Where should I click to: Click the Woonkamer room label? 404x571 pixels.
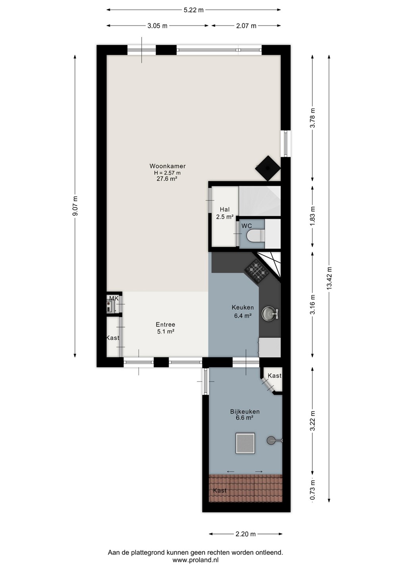(167, 166)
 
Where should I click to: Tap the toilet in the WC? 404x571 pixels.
(256, 234)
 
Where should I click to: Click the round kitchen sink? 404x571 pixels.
(270, 313)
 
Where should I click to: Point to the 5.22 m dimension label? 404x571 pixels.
(194, 10)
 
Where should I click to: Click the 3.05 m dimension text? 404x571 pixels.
(158, 26)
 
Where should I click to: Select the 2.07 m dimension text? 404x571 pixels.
(246, 26)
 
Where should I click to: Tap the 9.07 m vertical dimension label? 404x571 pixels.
(75, 205)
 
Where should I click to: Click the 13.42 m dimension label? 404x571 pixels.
(329, 278)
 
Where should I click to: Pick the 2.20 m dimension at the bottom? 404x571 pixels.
(245, 534)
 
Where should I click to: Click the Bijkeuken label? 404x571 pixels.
(245, 412)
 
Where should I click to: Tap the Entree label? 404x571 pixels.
(165, 324)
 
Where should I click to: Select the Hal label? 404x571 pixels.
(225, 209)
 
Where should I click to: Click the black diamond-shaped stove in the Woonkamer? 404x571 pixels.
(268, 168)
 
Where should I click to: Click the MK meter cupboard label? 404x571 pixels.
(114, 298)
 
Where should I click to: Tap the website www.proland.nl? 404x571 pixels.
(195, 560)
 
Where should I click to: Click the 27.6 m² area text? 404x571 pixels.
(167, 179)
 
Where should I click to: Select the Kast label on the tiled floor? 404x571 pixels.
(220, 490)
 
